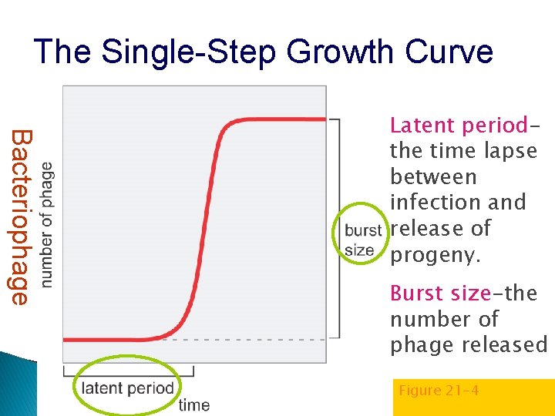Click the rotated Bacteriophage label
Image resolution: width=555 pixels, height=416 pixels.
pos(21,217)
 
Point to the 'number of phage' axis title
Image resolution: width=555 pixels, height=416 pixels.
pos(47,225)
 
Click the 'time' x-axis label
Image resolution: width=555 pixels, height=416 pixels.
pos(193,404)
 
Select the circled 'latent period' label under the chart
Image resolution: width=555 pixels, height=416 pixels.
pos(127,387)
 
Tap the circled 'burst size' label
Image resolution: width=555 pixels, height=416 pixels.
pos(362,240)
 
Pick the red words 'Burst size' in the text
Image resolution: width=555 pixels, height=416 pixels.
pos(440,294)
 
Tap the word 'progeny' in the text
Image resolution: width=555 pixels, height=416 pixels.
pos(434,255)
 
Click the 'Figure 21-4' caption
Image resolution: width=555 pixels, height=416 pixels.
pos(439,391)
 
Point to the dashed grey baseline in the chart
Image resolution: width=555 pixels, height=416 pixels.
pos(247,339)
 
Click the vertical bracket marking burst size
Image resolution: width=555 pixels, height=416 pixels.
pos(337,228)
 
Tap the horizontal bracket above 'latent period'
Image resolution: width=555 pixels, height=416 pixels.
pos(128,371)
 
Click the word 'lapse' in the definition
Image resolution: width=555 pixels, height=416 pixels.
pos(509,151)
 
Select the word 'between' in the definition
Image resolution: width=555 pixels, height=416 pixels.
pos(433,177)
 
